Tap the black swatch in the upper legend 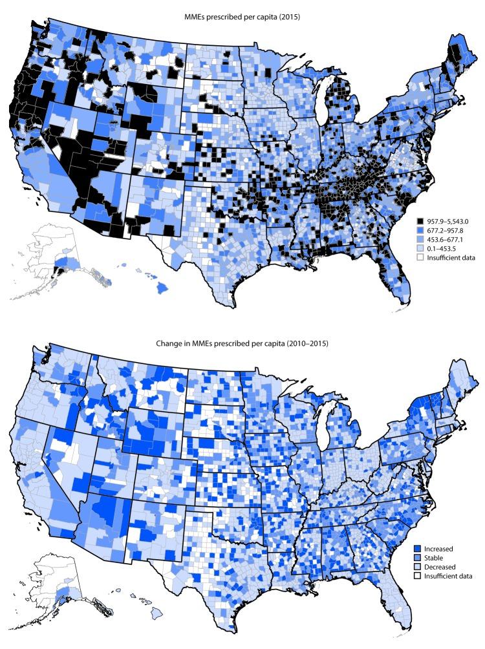pyautogui.click(x=420, y=221)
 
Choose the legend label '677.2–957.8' pyautogui.click(x=446, y=230)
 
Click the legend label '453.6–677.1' pyautogui.click(x=446, y=239)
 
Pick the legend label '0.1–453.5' pyautogui.click(x=442, y=248)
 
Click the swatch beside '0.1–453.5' pyautogui.click(x=420, y=248)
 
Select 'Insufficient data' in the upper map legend pyautogui.click(x=451, y=257)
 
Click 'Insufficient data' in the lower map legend pyautogui.click(x=451, y=576)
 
